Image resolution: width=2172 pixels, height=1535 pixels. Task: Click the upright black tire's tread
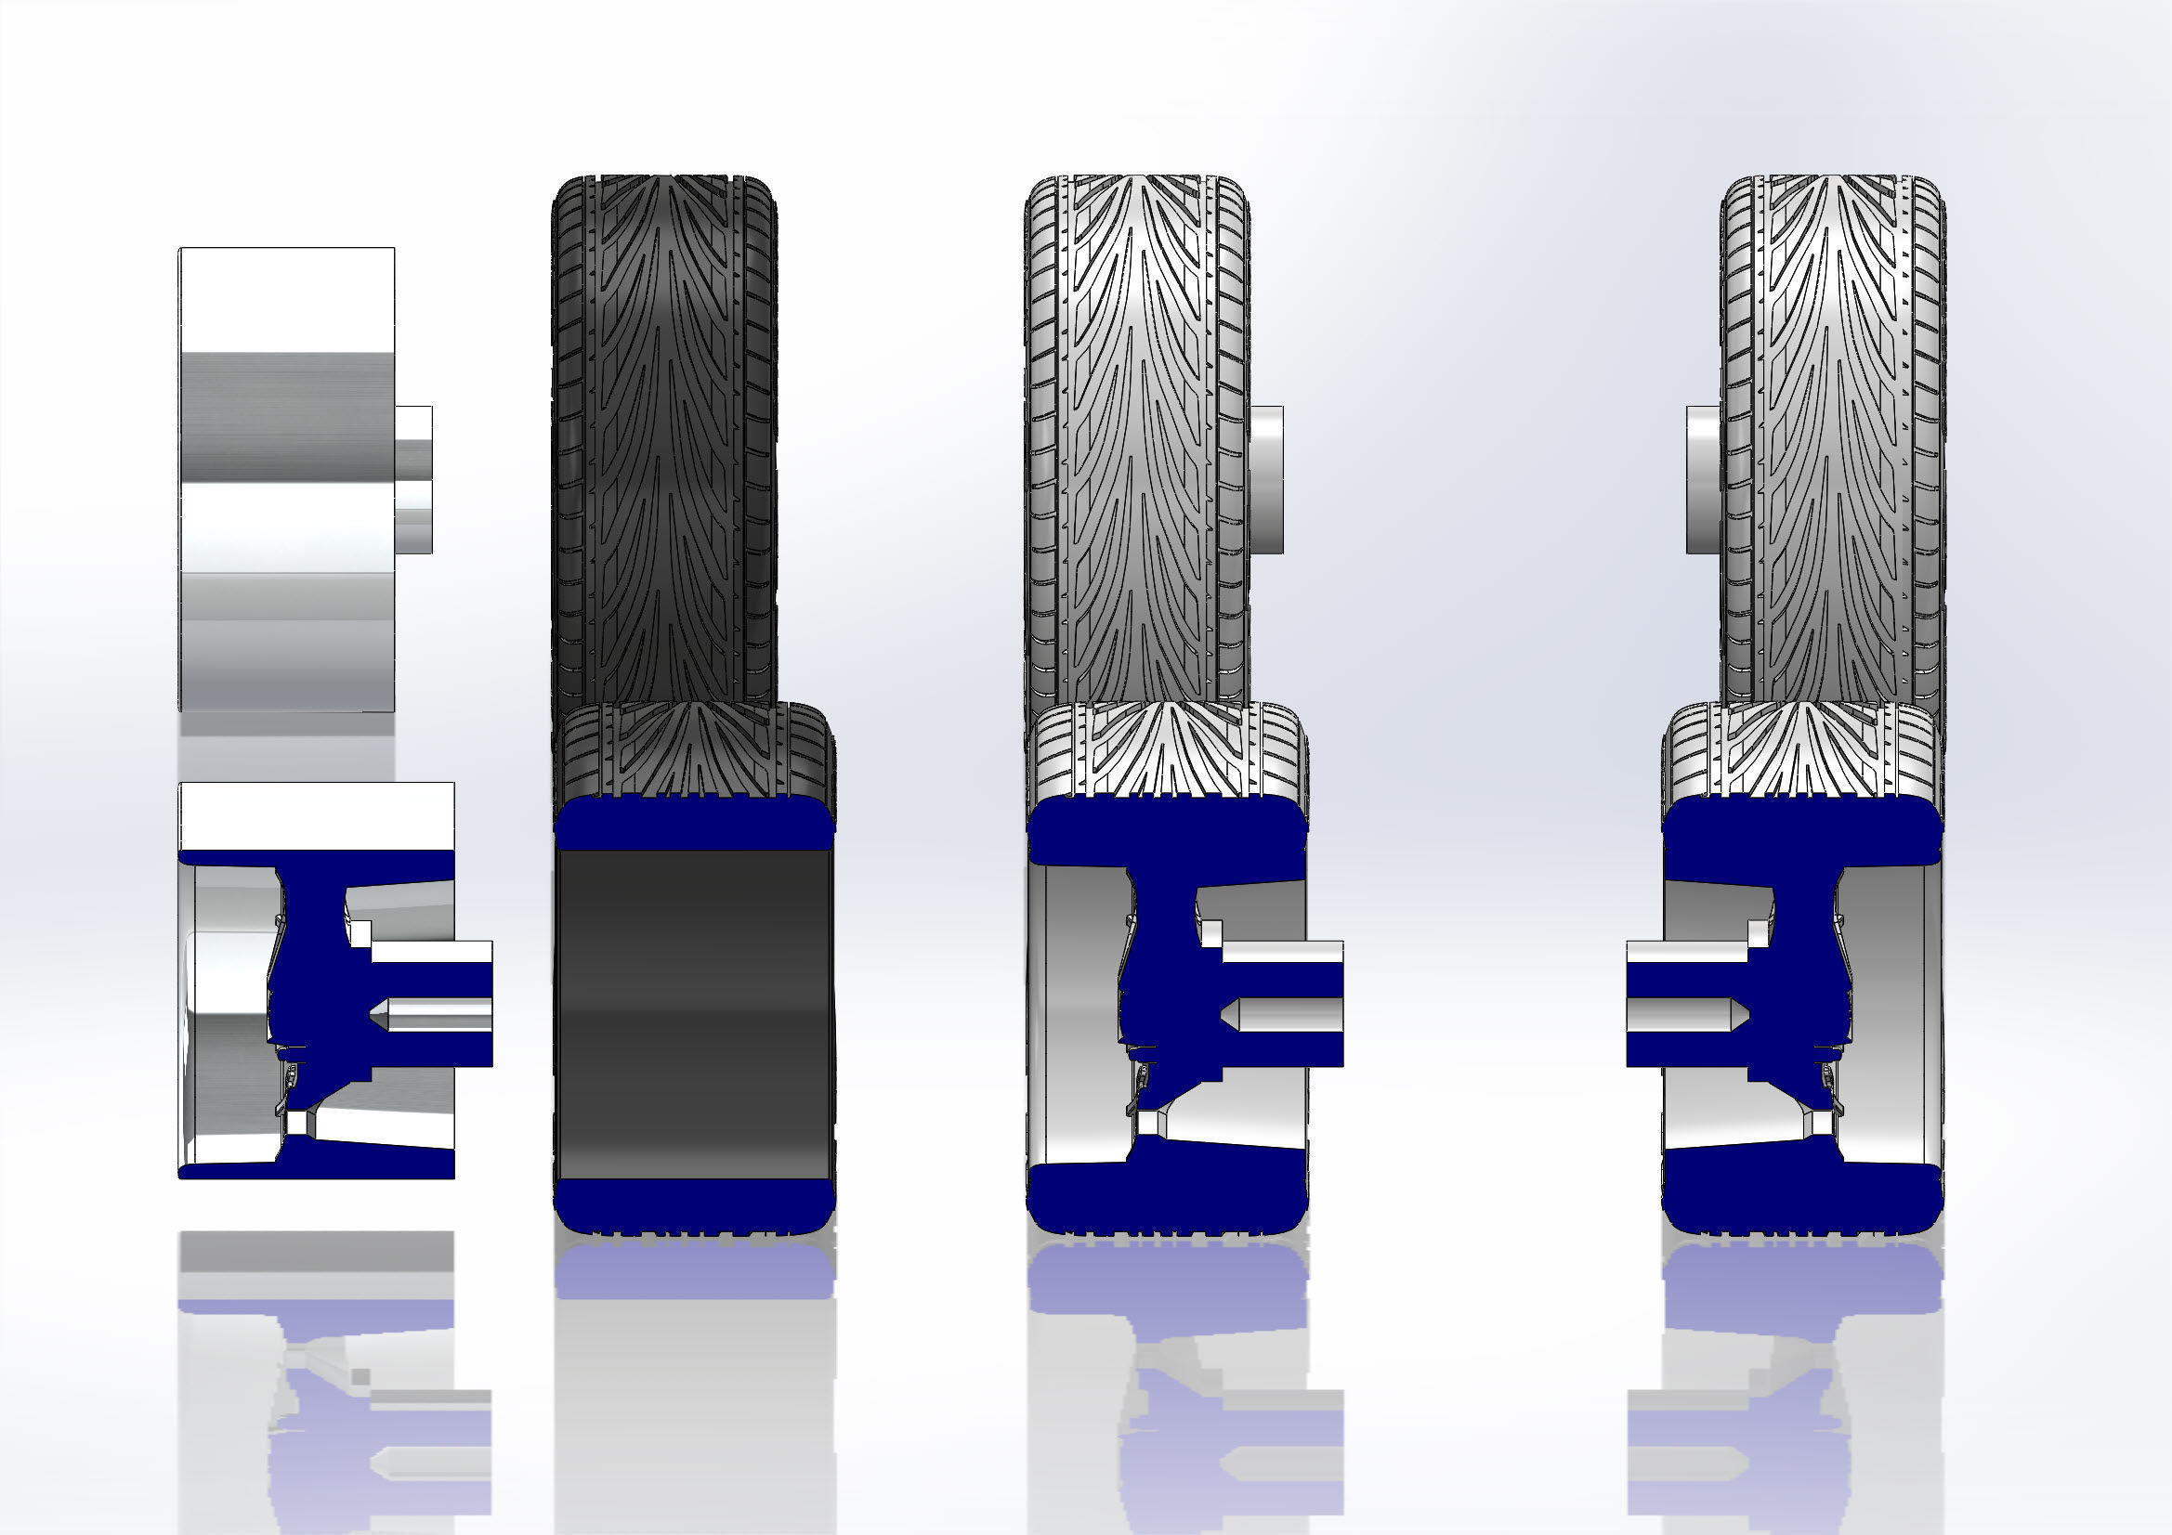664,425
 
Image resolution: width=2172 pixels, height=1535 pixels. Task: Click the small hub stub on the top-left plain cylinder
414,479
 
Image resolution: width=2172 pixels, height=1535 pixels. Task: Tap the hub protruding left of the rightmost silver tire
1702,479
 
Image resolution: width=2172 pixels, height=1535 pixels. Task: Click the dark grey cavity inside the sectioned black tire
693,1012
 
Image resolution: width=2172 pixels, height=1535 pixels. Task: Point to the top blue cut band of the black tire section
693,825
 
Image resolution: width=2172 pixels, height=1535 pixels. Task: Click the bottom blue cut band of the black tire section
693,1204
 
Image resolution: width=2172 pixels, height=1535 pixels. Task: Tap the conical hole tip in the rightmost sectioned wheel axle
1739,1016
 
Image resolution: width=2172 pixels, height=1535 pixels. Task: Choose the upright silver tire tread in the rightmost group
1832,425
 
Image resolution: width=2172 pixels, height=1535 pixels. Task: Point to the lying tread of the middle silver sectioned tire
1169,752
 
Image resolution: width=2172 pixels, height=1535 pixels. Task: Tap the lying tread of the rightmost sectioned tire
1802,752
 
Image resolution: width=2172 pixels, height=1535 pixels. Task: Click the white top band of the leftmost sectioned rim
316,815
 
